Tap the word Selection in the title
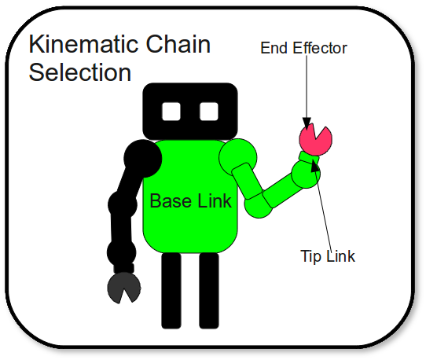coord(80,72)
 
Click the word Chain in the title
coord(178,44)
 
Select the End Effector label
coord(303,48)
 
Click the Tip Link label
coord(328,256)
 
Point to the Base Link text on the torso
coord(191,201)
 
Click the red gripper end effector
coord(315,139)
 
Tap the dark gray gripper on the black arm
coord(124,288)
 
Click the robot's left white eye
coord(171,112)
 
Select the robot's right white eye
coord(209,112)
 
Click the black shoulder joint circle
coord(143,159)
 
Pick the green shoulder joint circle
coord(238,157)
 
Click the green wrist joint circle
coord(306,174)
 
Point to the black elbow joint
coord(123,204)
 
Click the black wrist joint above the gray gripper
coord(122,252)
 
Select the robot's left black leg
coord(171,291)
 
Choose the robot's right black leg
coord(209,291)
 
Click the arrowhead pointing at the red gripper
coord(307,123)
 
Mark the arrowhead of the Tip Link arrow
coord(315,165)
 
